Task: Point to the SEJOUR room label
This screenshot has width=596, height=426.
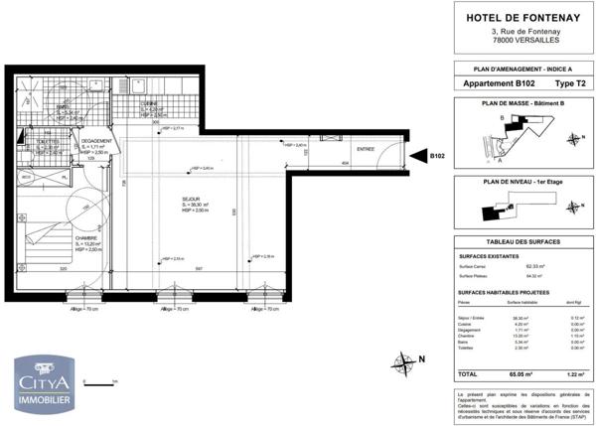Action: point(191,200)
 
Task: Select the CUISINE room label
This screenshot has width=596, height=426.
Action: point(151,103)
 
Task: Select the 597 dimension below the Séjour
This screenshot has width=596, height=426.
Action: point(199,269)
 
